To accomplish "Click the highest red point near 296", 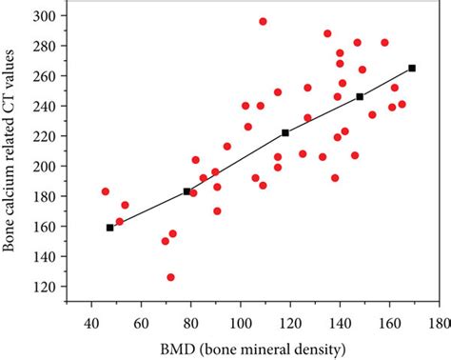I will [263, 21].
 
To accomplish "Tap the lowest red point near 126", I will [170, 277].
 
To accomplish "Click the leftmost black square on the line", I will [110, 228].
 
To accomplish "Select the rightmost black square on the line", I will [412, 68].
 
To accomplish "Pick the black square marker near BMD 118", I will [285, 133].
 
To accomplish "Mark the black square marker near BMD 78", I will [186, 191].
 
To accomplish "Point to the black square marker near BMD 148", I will [360, 96].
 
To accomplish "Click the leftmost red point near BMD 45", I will [106, 191].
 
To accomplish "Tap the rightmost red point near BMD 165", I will [402, 104].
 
